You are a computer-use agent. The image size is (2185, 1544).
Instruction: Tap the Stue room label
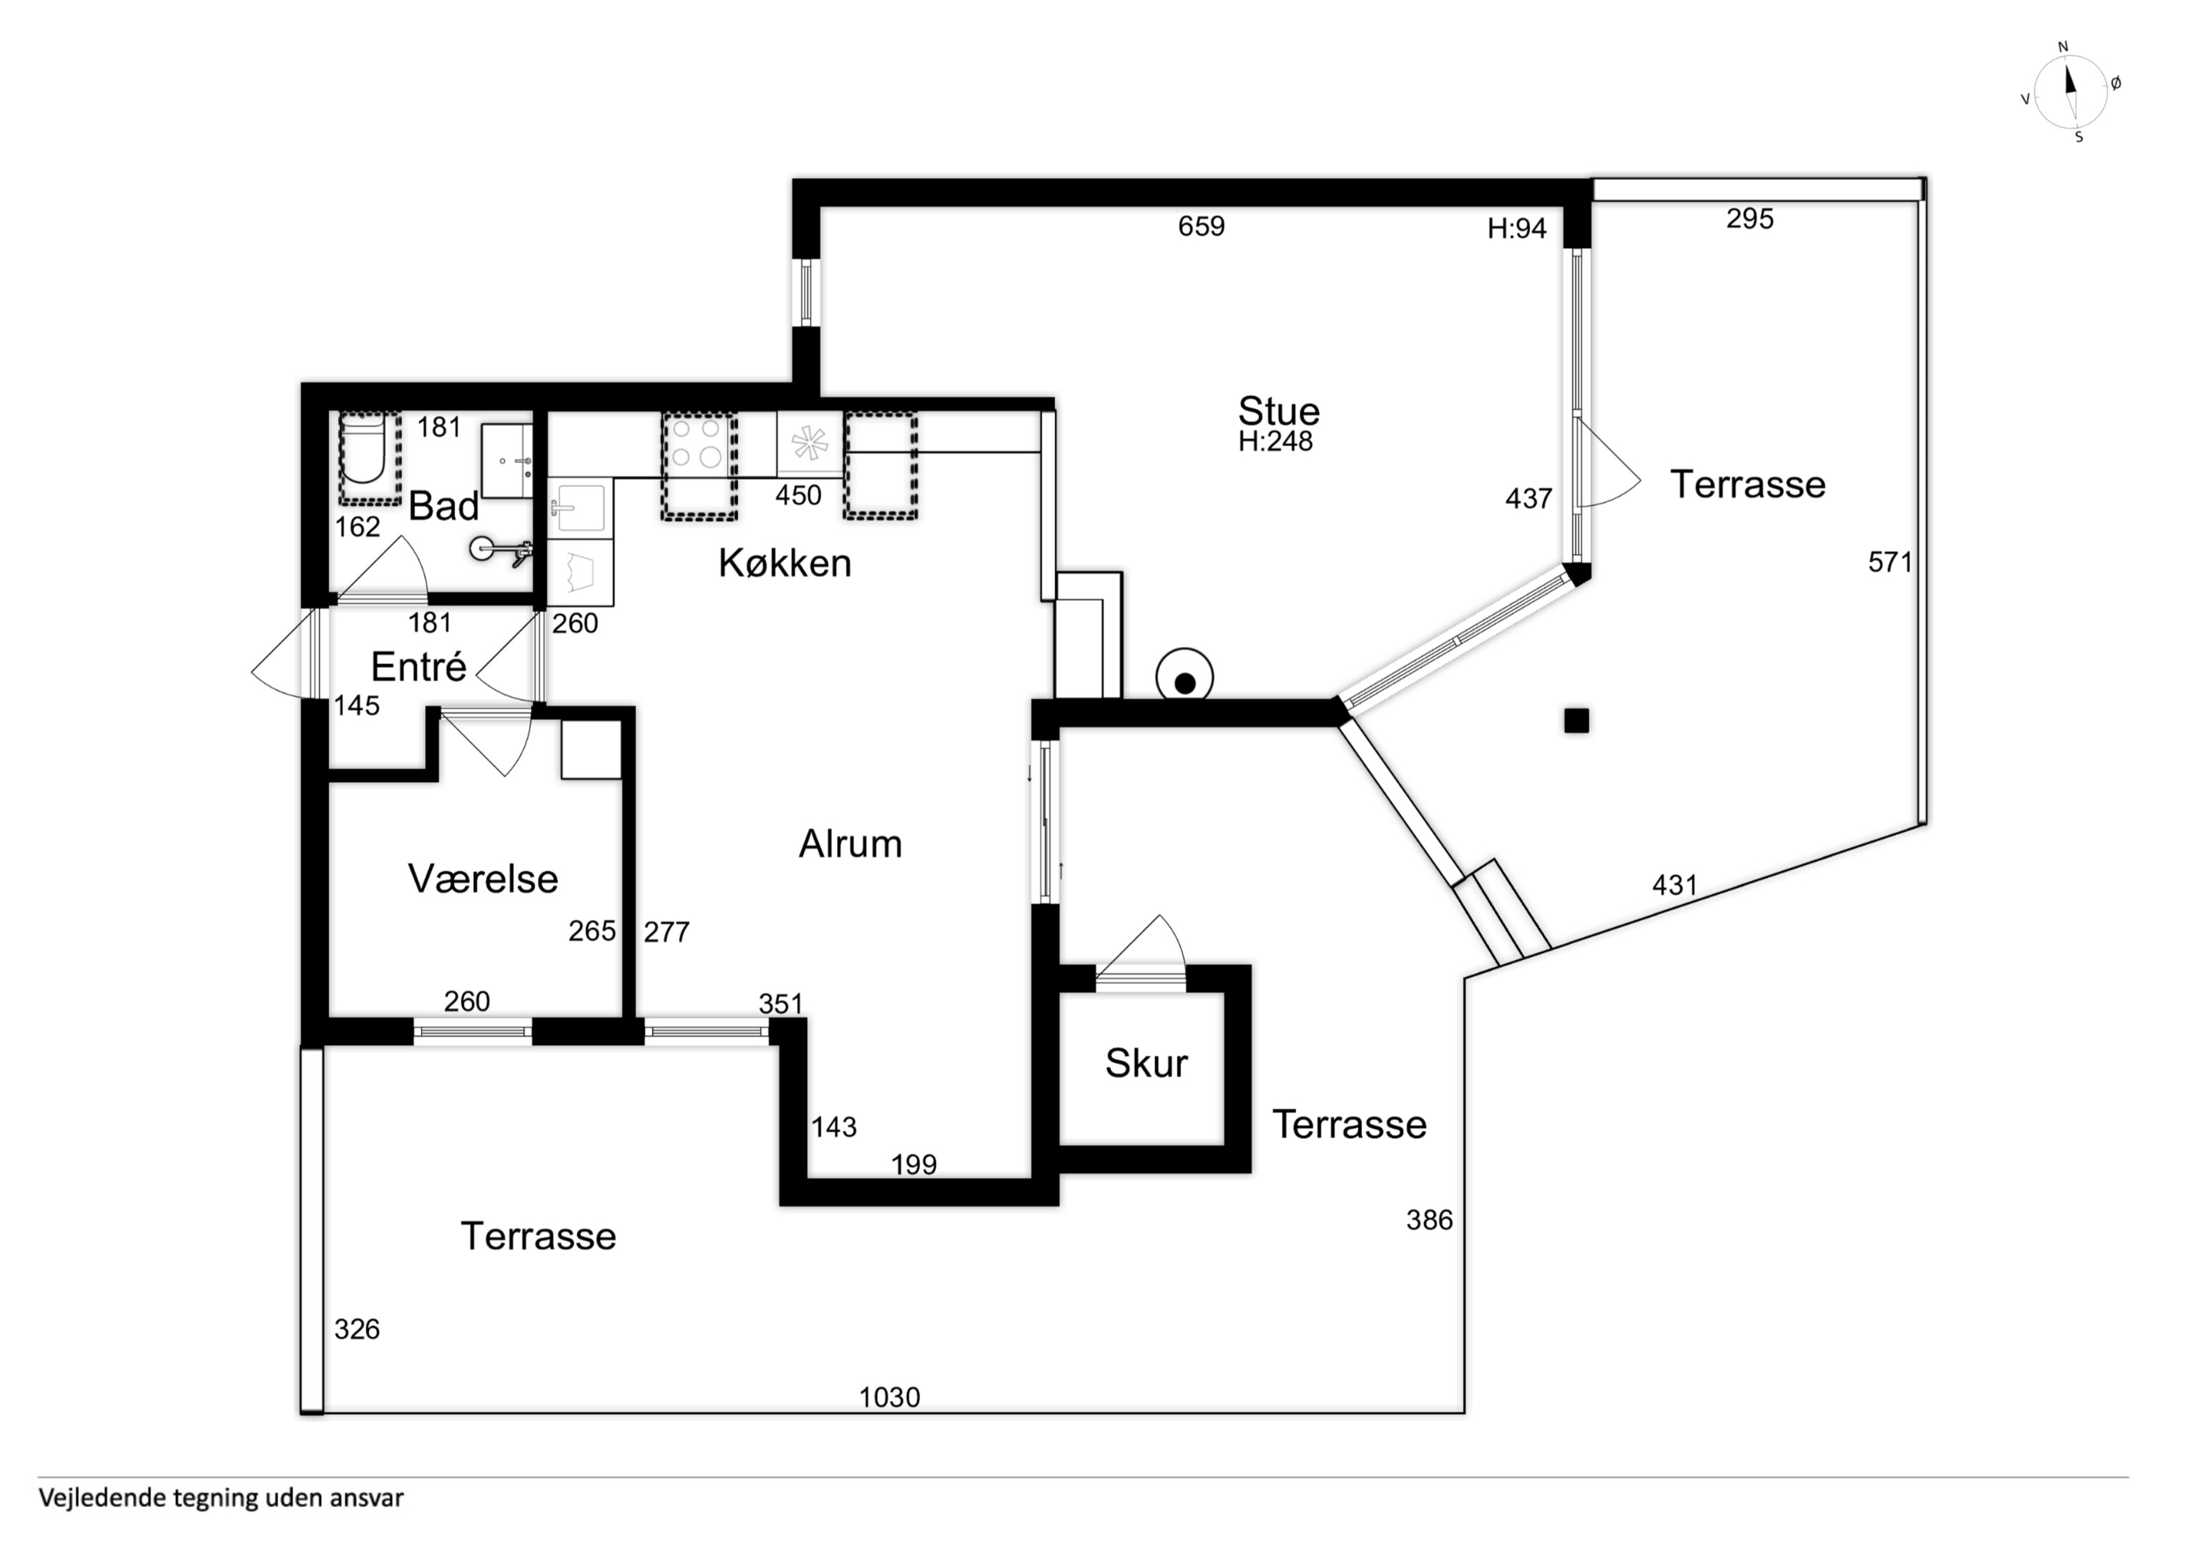coord(1278,411)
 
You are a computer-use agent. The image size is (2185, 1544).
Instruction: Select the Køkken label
coord(784,563)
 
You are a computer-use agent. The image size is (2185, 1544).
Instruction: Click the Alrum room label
coord(850,843)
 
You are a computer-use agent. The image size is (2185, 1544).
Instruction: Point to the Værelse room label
coord(483,879)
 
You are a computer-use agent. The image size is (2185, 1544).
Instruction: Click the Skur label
coord(1146,1064)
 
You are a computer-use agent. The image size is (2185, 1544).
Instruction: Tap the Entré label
coord(418,667)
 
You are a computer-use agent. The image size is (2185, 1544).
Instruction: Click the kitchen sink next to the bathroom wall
coord(578,508)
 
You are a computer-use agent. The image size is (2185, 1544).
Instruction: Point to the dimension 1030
coord(890,1397)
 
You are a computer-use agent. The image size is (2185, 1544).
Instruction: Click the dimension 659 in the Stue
coord(1201,227)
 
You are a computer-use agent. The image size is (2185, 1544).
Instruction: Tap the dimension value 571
coord(1890,563)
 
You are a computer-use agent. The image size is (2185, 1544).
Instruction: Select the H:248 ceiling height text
coord(1275,442)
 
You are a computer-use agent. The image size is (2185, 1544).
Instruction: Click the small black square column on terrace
coord(1577,721)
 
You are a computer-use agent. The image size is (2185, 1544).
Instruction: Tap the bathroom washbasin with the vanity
coord(507,461)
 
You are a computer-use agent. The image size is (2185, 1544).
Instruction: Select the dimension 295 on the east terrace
coord(1750,219)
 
